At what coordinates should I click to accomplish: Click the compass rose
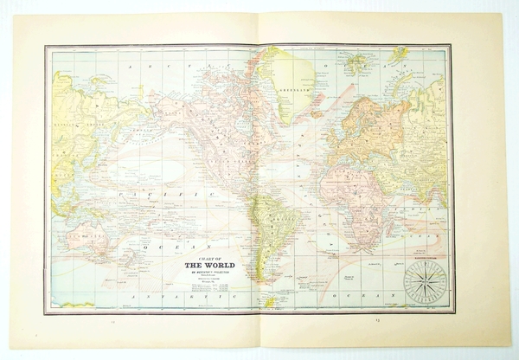tap(425, 282)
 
